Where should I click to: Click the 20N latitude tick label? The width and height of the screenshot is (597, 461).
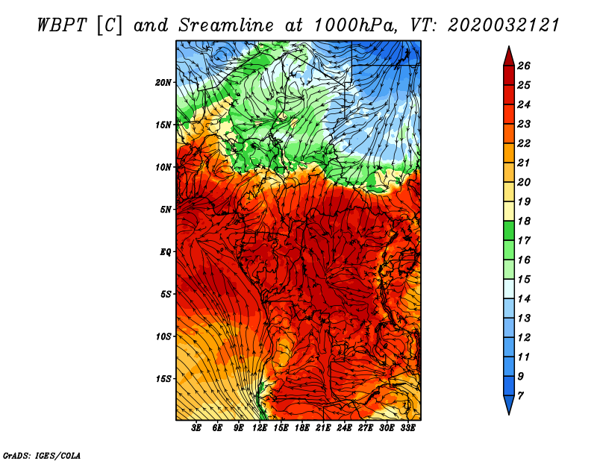tap(163, 83)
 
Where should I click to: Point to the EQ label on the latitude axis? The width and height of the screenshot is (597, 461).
tap(166, 252)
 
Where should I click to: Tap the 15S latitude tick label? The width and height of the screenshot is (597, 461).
tap(163, 379)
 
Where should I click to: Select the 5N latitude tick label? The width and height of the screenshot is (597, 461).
tap(166, 210)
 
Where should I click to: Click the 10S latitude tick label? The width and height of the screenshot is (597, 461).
tap(163, 337)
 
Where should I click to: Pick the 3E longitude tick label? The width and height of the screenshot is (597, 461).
tap(196, 428)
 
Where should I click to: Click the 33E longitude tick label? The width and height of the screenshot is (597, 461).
tap(407, 428)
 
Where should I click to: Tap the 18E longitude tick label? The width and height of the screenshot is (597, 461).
tap(302, 428)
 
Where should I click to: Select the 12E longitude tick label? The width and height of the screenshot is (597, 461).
tap(260, 428)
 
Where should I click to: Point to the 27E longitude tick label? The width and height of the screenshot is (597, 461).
tap(366, 428)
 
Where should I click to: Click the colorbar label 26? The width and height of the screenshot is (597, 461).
tap(524, 66)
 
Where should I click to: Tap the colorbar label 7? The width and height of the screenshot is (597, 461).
tap(521, 396)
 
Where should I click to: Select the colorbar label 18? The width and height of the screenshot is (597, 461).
tap(524, 221)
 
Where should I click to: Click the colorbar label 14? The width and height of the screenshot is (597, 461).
tap(524, 299)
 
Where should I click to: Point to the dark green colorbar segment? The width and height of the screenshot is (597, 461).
tap(509, 230)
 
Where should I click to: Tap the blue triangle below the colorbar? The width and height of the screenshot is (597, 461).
tap(509, 404)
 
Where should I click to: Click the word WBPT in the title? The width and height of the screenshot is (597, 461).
tap(63, 25)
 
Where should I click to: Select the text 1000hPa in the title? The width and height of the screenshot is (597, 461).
tap(355, 25)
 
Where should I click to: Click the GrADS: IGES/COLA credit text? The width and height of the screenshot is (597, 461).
tap(42, 456)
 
